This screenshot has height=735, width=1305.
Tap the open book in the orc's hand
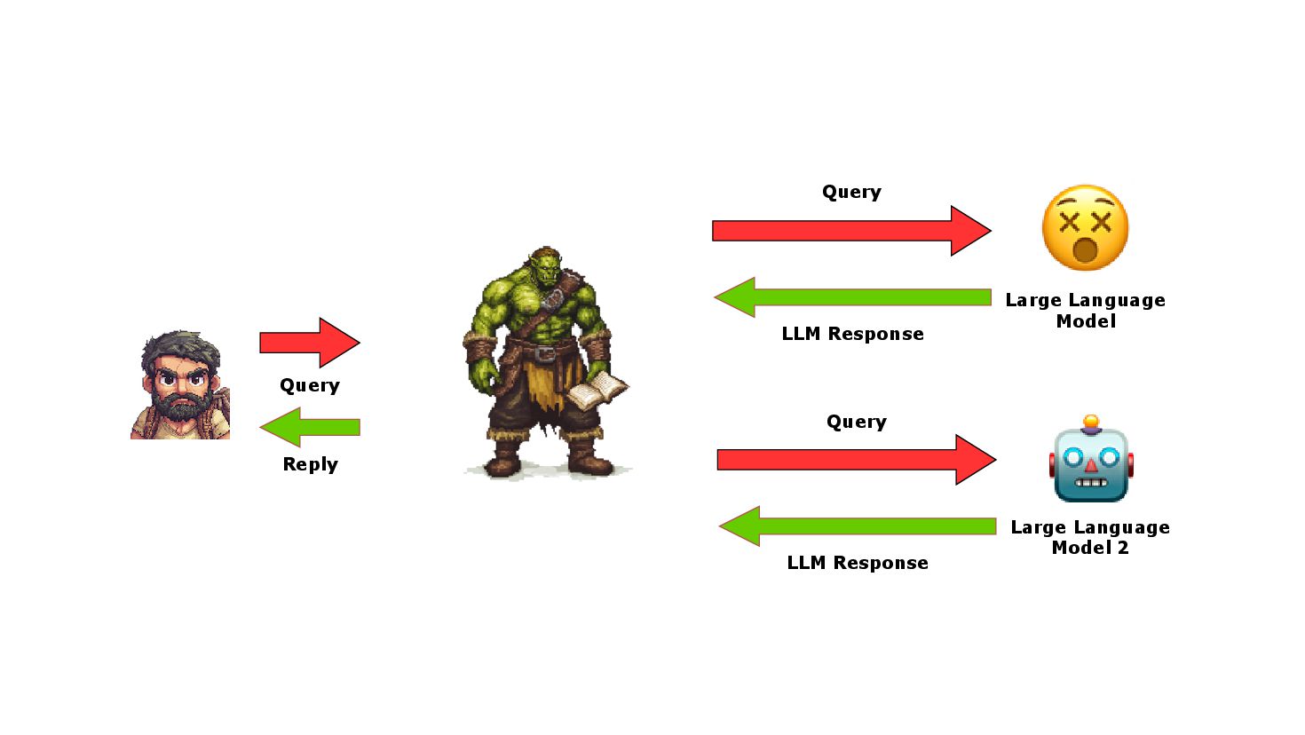tap(597, 389)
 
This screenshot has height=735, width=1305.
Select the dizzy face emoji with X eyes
tap(1085, 228)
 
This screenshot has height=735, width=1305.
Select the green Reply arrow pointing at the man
tap(310, 427)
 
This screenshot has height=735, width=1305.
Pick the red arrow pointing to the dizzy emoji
tap(850, 231)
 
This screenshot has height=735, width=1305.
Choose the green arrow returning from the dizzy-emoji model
tap(852, 297)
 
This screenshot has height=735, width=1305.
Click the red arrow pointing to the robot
tap(856, 460)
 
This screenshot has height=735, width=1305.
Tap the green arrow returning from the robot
tap(857, 526)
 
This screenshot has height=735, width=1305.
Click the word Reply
tap(310, 464)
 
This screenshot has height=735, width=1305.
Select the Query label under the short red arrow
tap(310, 385)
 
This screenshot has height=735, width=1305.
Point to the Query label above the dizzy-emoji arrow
tap(851, 192)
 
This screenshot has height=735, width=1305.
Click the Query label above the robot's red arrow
tap(857, 422)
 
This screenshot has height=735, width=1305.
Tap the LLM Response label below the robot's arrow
tap(858, 563)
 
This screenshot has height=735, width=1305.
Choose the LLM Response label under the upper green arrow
tap(852, 334)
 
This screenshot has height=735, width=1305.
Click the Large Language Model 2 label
tap(1090, 537)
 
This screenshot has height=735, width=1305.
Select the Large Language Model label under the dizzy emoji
tap(1085, 311)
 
